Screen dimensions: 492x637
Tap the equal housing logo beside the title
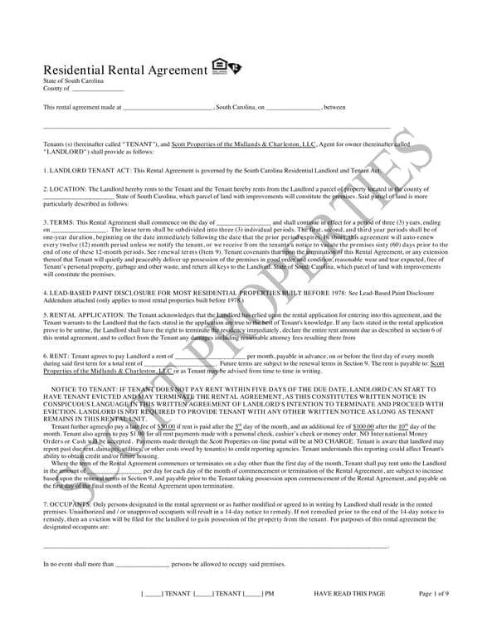(227, 66)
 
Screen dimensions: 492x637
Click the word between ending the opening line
(334, 107)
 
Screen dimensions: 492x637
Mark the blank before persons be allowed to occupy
(142, 564)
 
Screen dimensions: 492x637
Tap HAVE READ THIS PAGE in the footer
(349, 594)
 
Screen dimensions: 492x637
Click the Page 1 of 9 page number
(434, 594)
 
